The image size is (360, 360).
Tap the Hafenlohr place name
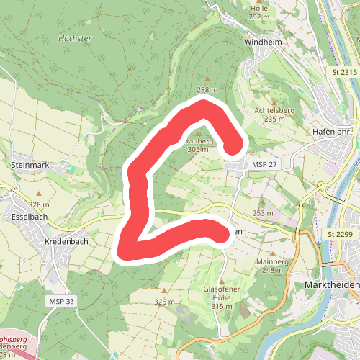click(x=331, y=132)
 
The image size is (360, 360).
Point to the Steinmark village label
click(x=30, y=165)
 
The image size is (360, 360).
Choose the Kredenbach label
click(x=66, y=241)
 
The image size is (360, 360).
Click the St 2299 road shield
click(x=341, y=234)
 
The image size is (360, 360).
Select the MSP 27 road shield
click(x=264, y=166)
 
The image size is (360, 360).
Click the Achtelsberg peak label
click(x=275, y=110)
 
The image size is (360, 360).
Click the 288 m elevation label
click(x=207, y=90)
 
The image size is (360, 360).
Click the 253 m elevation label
click(x=262, y=212)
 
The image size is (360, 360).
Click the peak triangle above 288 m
click(x=207, y=79)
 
